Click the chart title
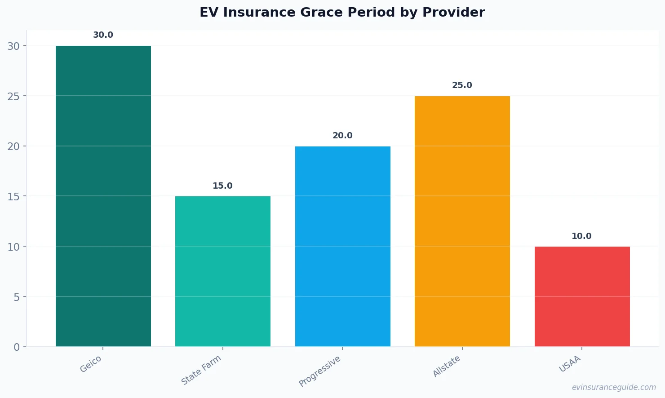342,13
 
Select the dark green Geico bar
103,196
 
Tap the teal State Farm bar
223,271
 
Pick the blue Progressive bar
342,246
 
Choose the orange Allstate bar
462,221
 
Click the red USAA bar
582,296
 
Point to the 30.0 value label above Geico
103,35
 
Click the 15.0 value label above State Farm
223,186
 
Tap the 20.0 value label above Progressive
342,136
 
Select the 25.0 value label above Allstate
462,85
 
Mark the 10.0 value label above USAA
582,236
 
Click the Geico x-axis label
91,364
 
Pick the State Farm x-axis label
201,370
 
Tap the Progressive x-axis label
320,371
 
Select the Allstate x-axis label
447,366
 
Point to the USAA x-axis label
570,364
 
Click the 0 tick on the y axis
17,347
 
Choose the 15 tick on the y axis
13,197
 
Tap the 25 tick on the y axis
13,96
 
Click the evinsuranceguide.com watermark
614,387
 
